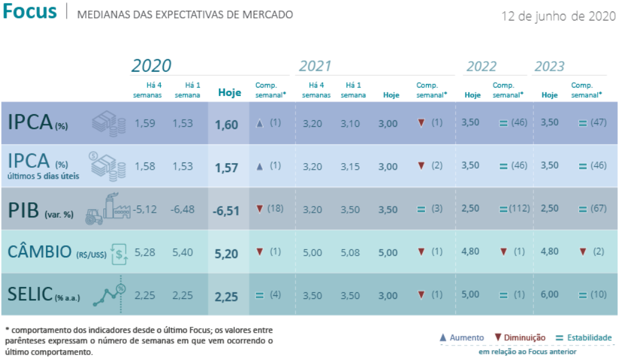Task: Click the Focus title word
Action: pos(30,11)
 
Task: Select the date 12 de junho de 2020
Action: pos(559,16)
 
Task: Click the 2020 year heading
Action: pos(152,66)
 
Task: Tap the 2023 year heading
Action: pos(549,66)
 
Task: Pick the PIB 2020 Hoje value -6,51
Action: pos(226,211)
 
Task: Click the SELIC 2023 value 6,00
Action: pos(550,295)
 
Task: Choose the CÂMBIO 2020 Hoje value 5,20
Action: pos(226,253)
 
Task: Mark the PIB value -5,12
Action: pos(146,210)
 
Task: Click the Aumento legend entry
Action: pos(462,338)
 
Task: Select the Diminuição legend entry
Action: pos(520,338)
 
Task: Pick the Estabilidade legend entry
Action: pos(585,338)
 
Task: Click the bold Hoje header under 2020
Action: pos(229,93)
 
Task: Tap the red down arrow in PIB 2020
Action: pos(260,208)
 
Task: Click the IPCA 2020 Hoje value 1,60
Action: pos(226,125)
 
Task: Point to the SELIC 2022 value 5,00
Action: pos(470,295)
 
